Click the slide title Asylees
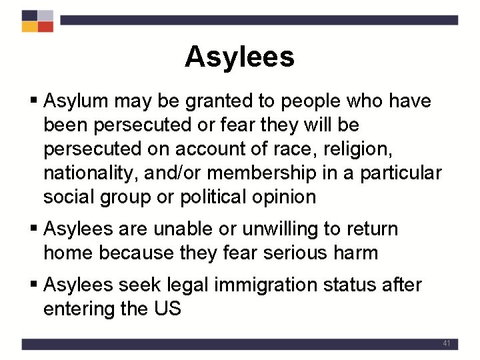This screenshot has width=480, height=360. [239, 57]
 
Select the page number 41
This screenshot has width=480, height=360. [447, 343]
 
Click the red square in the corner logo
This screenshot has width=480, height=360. [45, 27]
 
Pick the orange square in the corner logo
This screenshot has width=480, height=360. [29, 27]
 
